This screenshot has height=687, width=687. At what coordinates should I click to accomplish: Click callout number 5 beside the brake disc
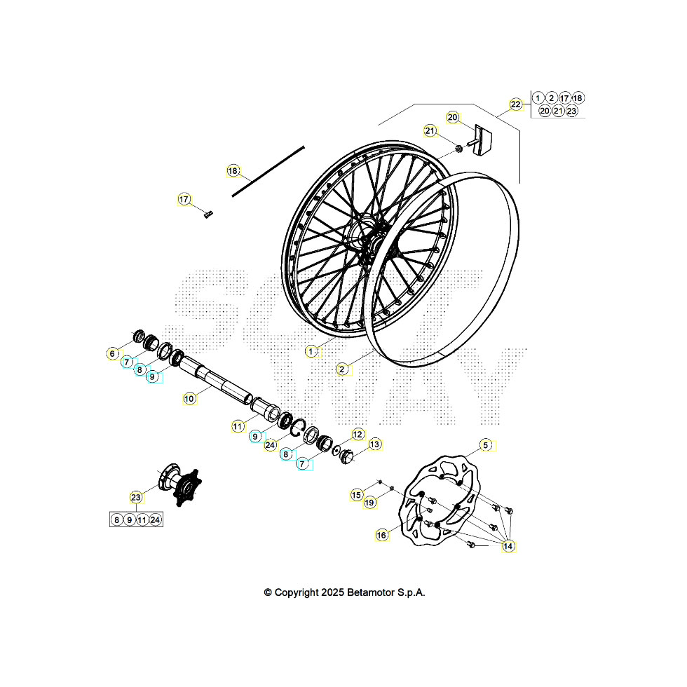tap(485, 445)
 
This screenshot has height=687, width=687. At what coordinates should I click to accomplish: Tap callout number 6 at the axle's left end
tap(112, 353)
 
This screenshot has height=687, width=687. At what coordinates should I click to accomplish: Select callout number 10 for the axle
tap(189, 398)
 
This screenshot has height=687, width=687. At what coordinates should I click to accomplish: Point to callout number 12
tap(358, 435)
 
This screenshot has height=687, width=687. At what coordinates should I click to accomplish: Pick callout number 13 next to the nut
tap(375, 444)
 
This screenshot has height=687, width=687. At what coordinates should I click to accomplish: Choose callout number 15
tap(357, 495)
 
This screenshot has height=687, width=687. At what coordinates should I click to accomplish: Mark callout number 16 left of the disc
tap(382, 535)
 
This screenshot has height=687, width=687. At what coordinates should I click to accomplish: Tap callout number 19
tap(370, 502)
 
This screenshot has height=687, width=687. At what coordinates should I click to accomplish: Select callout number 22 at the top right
tap(516, 104)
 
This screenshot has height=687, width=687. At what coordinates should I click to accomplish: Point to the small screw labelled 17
tap(208, 215)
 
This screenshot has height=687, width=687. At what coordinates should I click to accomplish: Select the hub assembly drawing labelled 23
tap(179, 484)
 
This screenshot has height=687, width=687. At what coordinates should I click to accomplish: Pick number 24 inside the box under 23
tap(156, 519)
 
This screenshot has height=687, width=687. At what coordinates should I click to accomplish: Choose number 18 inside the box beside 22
tap(578, 98)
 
